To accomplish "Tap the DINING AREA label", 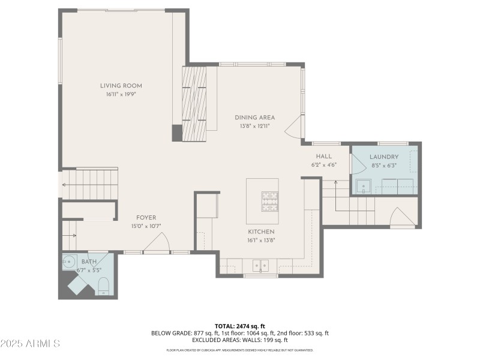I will (254, 118).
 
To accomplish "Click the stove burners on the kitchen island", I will (269, 201).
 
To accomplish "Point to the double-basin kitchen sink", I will (261, 265).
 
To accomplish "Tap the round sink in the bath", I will (70, 262).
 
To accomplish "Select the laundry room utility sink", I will (362, 187).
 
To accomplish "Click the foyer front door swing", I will (158, 243).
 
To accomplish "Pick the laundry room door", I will (358, 163).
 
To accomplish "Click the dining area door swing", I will (293, 127).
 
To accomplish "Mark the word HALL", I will (323, 156).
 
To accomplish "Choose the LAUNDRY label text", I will (384, 157).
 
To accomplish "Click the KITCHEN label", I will (261, 232).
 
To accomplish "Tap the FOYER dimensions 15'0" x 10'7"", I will (146, 226).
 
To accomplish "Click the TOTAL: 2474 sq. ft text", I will (239, 326).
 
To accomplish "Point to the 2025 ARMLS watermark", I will (31, 344).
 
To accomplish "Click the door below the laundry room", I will (401, 218).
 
